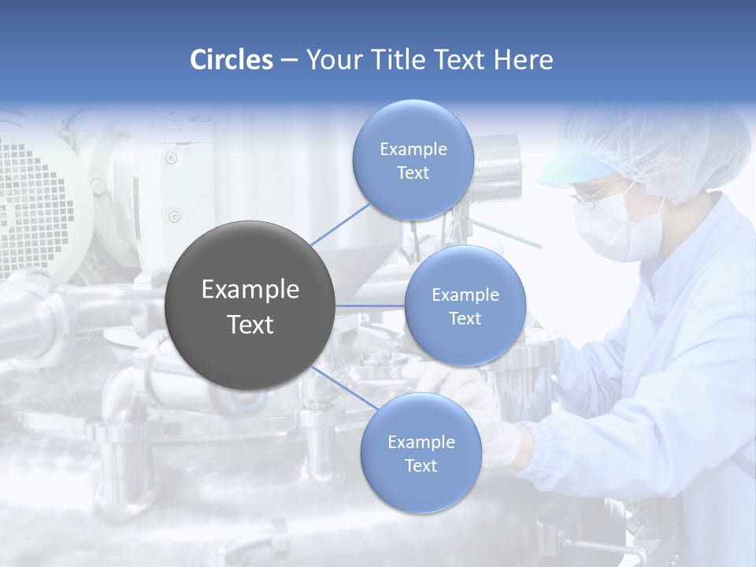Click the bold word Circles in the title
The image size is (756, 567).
tap(232, 60)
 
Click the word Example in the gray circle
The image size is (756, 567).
tap(250, 290)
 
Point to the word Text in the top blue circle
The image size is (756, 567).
tap(413, 173)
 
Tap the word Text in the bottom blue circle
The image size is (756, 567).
tap(421, 466)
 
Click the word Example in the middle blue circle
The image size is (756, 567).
tap(465, 295)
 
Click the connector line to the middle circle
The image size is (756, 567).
tap(370, 306)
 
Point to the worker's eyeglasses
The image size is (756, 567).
tap(587, 197)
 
